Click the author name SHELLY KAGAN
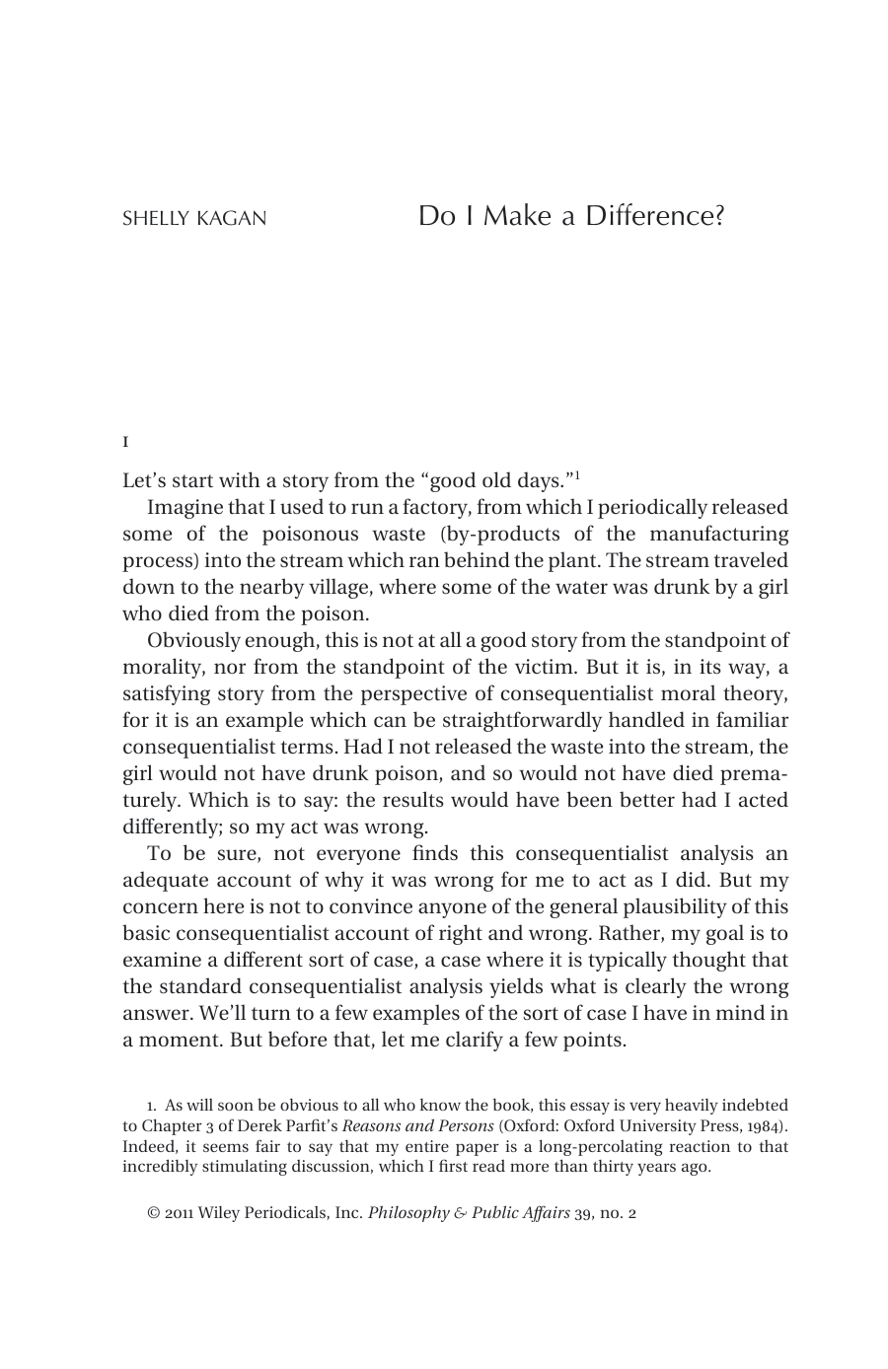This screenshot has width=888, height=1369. click(194, 219)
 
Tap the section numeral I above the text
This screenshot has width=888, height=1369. click(125, 441)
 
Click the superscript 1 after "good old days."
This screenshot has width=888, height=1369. click(577, 476)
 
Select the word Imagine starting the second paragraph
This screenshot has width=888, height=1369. click(185, 508)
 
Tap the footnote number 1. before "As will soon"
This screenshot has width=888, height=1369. click(152, 1107)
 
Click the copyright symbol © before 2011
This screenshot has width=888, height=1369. click(153, 1214)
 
